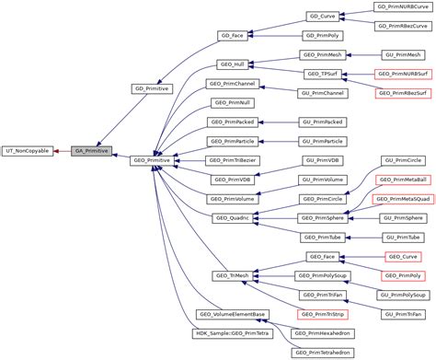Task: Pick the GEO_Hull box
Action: pos(231,64)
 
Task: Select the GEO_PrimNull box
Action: pos(231,102)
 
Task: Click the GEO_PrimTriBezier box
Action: pos(231,159)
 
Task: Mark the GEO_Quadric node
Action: pos(231,217)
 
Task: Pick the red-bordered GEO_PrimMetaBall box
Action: pos(402,180)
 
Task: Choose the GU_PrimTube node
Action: pos(402,237)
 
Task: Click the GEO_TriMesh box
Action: pos(231,275)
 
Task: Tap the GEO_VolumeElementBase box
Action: pos(231,314)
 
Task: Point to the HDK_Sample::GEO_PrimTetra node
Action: pos(231,332)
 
